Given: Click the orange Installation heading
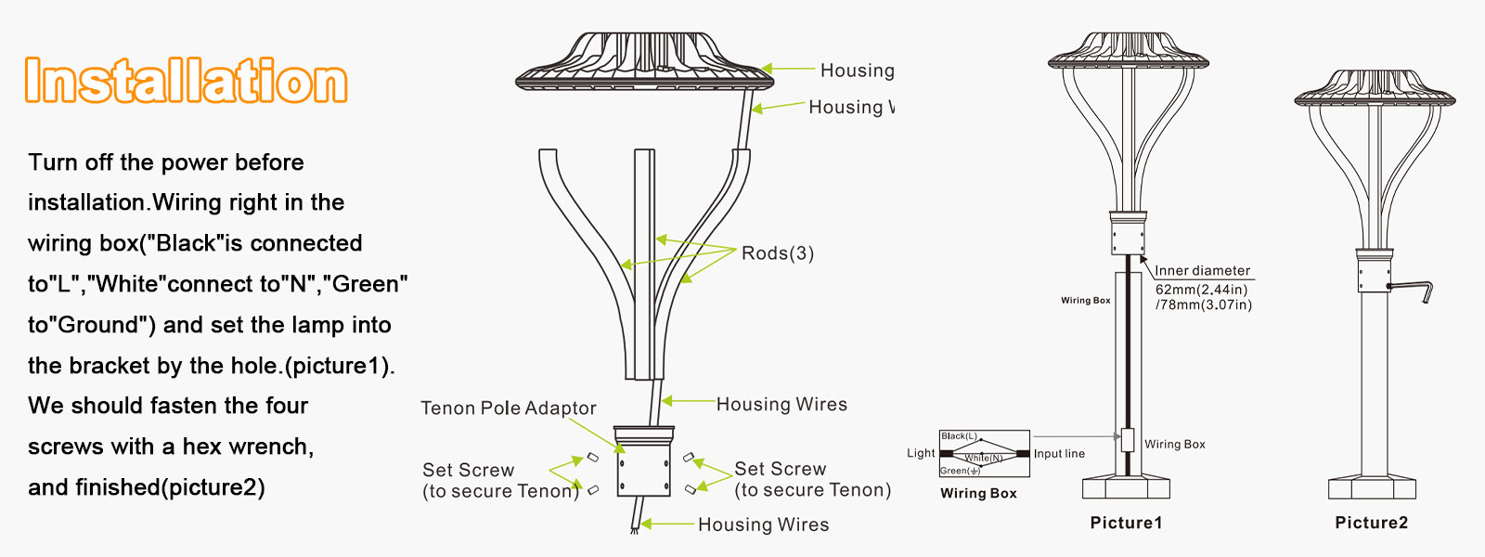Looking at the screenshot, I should pos(186,81).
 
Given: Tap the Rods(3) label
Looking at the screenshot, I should pos(778,253).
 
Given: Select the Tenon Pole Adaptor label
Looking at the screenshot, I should pos(508,408).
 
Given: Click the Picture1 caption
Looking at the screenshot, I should pos(1126,523).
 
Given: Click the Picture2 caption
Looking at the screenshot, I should pos(1371,523).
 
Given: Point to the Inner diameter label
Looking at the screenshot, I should pos(1202,270).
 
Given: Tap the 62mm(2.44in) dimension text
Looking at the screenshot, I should pos(1201,290).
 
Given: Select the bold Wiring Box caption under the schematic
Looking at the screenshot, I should pos(978,493).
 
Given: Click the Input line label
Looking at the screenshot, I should pos(1059,454).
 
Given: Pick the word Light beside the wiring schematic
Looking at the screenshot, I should pos(921,453).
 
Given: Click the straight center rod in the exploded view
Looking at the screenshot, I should pos(644,265).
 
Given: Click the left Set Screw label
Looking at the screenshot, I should pos(468,470).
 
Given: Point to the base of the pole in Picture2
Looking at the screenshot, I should pos(1372,487).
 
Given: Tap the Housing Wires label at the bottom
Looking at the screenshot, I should pos(763,525).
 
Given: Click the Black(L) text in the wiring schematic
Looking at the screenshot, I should pos(959,435).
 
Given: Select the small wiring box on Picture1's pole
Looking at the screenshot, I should pos(1128,440).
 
